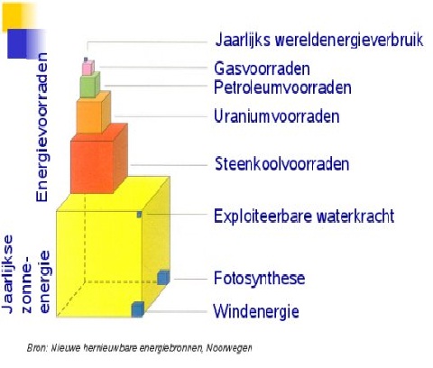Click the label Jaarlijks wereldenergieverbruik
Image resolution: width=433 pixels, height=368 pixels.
point(319,40)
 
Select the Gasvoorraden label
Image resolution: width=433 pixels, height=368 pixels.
point(262,69)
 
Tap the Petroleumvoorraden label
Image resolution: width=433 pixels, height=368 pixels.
point(282,87)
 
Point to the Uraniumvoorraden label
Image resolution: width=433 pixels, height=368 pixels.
point(277,116)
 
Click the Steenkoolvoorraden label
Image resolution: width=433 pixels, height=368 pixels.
point(282,164)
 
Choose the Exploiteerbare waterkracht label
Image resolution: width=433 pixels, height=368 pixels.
point(304,216)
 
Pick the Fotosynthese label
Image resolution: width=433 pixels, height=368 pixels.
point(260,278)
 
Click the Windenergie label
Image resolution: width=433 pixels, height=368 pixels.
point(256,311)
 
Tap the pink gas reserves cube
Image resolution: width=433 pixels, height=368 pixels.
point(88,68)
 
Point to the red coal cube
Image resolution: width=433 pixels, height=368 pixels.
point(99,158)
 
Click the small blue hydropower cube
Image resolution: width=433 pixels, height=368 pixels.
point(139,215)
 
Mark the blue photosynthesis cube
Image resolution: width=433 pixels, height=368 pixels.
point(163,278)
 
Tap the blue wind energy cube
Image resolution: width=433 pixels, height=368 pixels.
point(138,309)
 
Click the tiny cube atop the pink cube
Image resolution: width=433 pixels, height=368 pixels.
point(86,60)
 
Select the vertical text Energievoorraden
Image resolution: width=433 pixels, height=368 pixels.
point(42,127)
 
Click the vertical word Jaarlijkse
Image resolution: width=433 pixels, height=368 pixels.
point(7,274)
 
